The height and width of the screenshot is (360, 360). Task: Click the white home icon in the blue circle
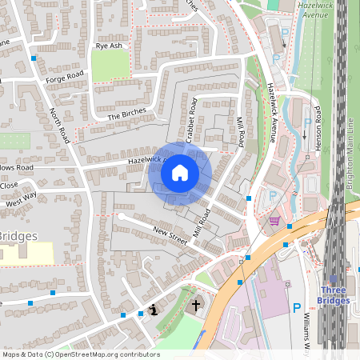pyautogui.click(x=180, y=172)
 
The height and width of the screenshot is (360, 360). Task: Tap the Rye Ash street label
pyautogui.click(x=109, y=46)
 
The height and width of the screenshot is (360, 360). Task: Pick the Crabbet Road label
pyautogui.click(x=192, y=120)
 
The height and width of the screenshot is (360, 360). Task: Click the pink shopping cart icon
pyautogui.click(x=274, y=221)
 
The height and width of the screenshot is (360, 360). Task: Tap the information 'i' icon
pyautogui.click(x=154, y=310)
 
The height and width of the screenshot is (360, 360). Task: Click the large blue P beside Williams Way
pyautogui.click(x=297, y=308)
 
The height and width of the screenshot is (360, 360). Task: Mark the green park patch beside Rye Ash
pyautogui.click(x=110, y=66)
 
